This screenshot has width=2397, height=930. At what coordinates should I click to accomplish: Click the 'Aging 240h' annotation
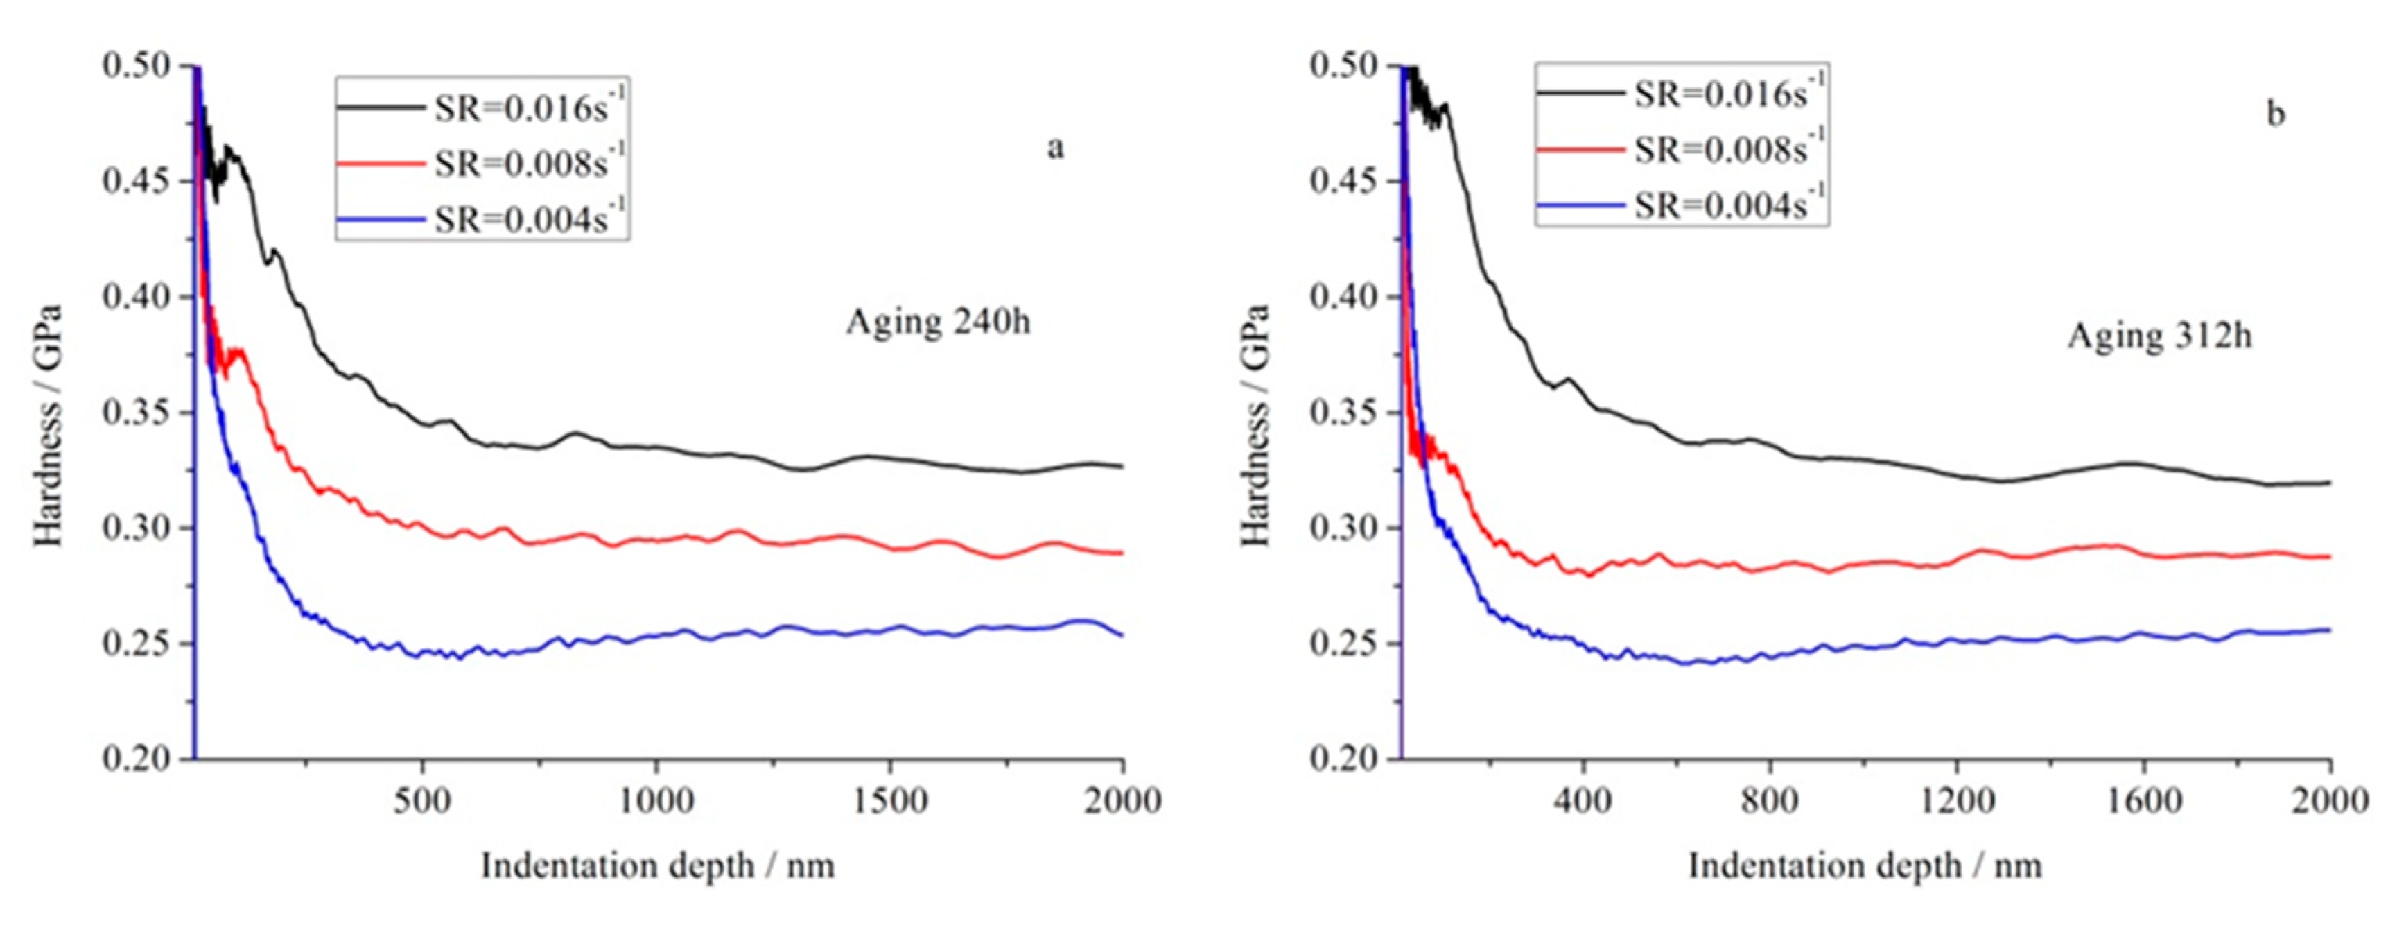[x=938, y=322]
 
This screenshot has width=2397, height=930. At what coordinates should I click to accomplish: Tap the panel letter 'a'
[x=1054, y=147]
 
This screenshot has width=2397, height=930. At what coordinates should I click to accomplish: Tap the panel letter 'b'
[x=2275, y=114]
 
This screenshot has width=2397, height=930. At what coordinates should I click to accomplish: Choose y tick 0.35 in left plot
[x=137, y=413]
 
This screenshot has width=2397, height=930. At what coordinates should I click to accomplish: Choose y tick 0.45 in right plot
[x=1345, y=180]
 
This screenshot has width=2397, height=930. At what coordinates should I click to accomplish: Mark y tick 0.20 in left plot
[x=137, y=759]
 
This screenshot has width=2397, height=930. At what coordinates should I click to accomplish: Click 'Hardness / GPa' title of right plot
[x=1255, y=424]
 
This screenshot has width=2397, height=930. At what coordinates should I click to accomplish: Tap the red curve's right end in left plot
[x=1122, y=553]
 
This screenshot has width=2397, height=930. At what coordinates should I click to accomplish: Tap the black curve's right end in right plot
[x=2328, y=482]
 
